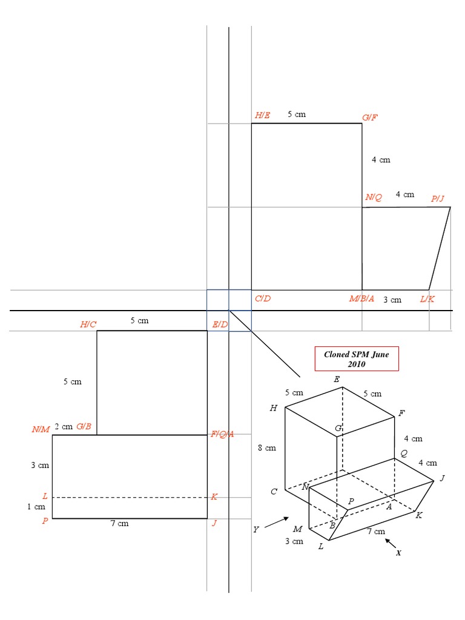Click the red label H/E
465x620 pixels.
[x=263, y=115]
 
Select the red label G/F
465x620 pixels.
[x=370, y=117]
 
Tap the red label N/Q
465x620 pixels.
[x=374, y=197]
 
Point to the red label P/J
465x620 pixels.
[x=438, y=199]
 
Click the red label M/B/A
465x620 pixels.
[x=362, y=299]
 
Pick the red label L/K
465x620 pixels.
[x=427, y=299]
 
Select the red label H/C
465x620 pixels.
[x=88, y=325]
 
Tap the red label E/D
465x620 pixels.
[x=220, y=325]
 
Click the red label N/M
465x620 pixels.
[x=41, y=429]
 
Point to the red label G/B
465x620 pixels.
[x=84, y=426]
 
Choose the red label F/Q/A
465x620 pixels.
[x=223, y=434]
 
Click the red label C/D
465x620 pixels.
[x=263, y=299]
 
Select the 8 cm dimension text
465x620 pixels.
[x=267, y=448]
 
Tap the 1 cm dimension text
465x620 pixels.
[x=36, y=507]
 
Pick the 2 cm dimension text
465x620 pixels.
[x=63, y=426]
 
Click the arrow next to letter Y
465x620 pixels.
[x=276, y=522]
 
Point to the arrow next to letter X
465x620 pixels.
[x=392, y=542]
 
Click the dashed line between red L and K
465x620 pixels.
[x=130, y=498]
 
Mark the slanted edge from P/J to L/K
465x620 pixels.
[x=440, y=249]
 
